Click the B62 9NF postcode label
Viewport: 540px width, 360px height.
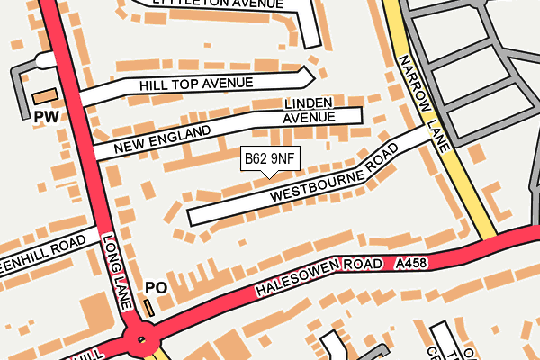pyautogui.click(x=269, y=159)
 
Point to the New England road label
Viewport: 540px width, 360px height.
pyautogui.click(x=163, y=139)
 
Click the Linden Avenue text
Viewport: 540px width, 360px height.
pyautogui.click(x=309, y=111)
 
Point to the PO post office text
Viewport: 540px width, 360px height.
pyautogui.click(x=156, y=288)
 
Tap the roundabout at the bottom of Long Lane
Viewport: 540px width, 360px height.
pyautogui.click(x=139, y=340)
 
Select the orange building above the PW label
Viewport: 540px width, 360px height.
pyautogui.click(x=43, y=95)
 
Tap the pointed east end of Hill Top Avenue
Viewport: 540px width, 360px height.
pyautogui.click(x=310, y=74)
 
